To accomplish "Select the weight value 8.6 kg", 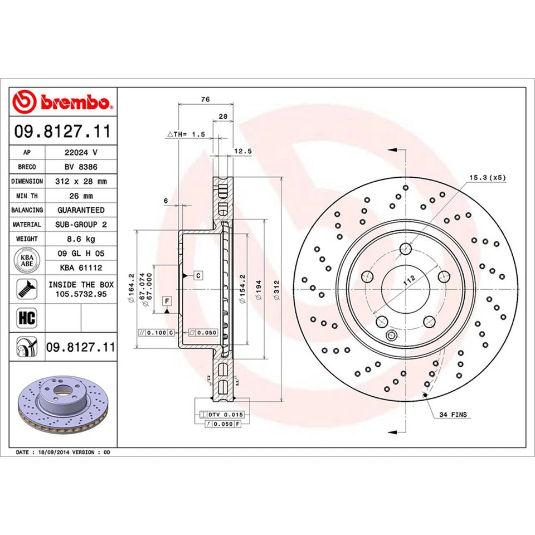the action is [x=81, y=239].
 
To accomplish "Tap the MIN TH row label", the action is [x=27, y=196].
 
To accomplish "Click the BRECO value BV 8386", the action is [x=81, y=167].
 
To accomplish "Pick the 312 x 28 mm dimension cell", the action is [x=81, y=181].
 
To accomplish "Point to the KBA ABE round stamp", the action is [x=27, y=260].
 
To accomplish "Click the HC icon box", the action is [x=27, y=318].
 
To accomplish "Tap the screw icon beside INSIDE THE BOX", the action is [x=27, y=289].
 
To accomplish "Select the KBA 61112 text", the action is [x=81, y=268].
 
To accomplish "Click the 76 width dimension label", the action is [x=205, y=99].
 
